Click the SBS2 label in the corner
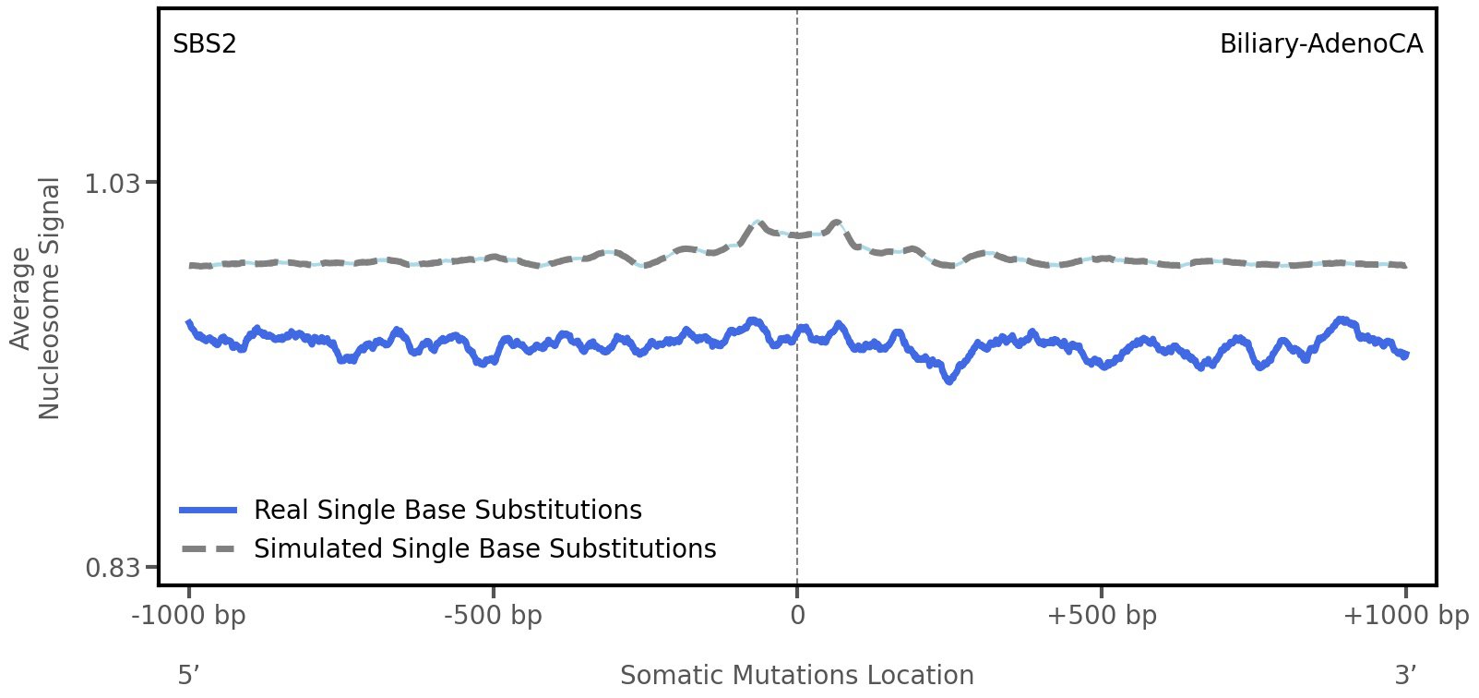coord(205,43)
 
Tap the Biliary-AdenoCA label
coord(1320,43)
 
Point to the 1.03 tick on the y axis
coord(113,184)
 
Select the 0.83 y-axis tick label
coord(113,567)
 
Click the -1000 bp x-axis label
coord(189,615)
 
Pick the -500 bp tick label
coord(493,615)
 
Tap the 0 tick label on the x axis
coord(797,615)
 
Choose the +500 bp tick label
coord(1101,615)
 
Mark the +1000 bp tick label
coord(1405,615)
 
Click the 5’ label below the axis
coord(188,675)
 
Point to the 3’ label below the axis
coord(1405,675)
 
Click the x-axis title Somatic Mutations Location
coord(796,675)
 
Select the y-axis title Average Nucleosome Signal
coord(36,298)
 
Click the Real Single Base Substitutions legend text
coord(447,510)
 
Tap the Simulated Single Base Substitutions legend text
coord(484,548)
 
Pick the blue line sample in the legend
coord(209,510)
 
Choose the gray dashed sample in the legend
coord(209,549)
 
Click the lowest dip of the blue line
coord(949,379)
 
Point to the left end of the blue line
coord(189,322)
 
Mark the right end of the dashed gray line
coord(1404,266)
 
